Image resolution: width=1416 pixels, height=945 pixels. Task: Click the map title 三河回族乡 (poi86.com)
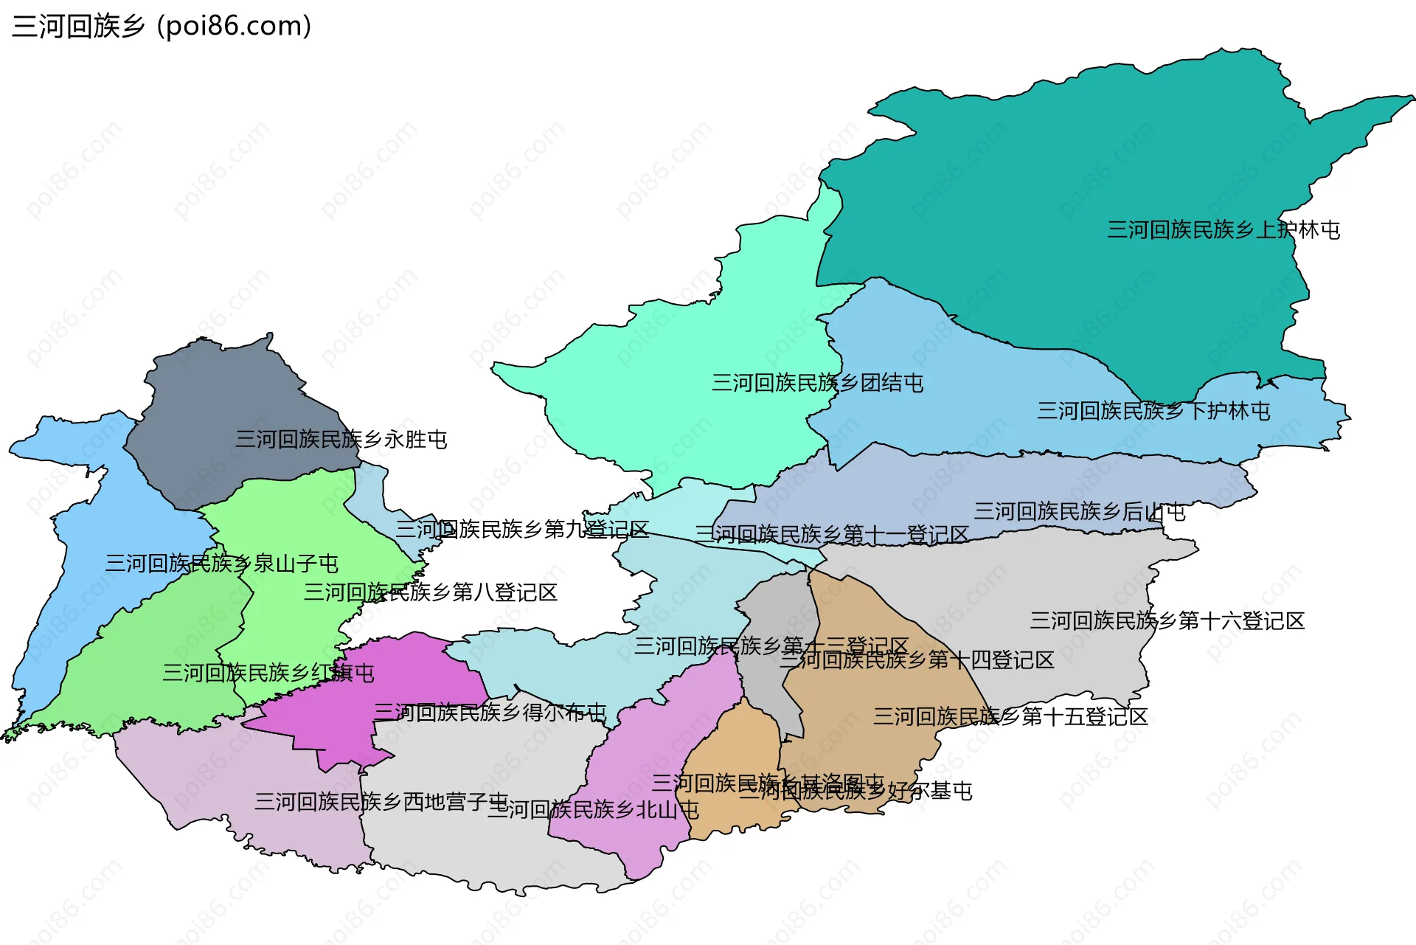[x=162, y=27]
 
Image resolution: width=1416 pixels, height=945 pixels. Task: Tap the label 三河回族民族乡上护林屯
[x=1223, y=230]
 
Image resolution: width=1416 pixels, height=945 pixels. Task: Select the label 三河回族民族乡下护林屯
[x=1153, y=411]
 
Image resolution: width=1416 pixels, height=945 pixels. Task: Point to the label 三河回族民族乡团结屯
[x=817, y=383]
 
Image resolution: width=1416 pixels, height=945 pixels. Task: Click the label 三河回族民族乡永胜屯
[x=341, y=440]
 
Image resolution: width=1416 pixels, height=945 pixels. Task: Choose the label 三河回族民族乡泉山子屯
[x=221, y=564]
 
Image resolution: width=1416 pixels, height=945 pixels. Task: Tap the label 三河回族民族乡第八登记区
[x=430, y=592]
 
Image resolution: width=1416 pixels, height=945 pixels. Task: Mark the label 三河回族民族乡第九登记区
[x=522, y=529]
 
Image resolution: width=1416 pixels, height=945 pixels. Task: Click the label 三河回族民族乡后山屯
[x=1079, y=511]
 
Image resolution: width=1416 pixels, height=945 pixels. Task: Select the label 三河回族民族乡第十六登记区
[x=1167, y=621]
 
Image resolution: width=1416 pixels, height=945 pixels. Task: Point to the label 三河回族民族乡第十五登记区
[x=1010, y=716]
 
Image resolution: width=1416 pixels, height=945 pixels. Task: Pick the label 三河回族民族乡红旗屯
[x=268, y=673]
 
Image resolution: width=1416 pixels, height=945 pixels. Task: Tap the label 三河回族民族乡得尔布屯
[x=490, y=713]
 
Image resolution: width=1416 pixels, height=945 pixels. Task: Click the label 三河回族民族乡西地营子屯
[x=381, y=802]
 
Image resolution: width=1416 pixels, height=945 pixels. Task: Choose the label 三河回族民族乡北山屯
[x=593, y=810]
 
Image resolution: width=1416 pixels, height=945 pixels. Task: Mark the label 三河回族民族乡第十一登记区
[x=831, y=535]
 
